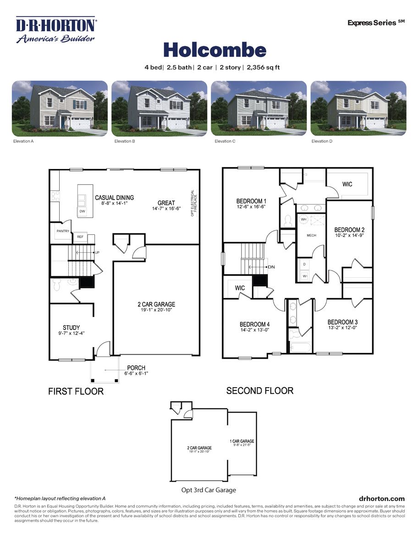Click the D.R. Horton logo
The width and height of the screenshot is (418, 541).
click(x=56, y=30)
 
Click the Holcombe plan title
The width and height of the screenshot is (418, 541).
click(x=214, y=50)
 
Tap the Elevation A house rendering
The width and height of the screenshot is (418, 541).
click(x=60, y=108)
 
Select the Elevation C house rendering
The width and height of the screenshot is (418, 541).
click(x=258, y=108)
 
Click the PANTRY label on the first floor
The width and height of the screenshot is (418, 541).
click(x=63, y=231)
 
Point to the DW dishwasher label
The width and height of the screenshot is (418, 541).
click(x=82, y=211)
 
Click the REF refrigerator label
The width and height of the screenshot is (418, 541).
click(x=80, y=237)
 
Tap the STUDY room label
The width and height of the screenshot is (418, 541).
click(x=71, y=327)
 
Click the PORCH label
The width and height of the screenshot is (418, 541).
click(x=136, y=368)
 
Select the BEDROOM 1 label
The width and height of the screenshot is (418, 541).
click(x=251, y=201)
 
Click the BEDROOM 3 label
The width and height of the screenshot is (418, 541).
click(x=342, y=322)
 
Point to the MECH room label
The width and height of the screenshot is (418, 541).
click(x=312, y=235)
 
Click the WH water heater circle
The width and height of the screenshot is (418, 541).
click(x=303, y=220)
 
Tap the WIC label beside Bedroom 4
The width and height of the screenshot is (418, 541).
click(x=240, y=288)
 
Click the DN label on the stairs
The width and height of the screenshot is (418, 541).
click(x=271, y=267)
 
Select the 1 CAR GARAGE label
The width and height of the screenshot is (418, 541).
click(x=242, y=441)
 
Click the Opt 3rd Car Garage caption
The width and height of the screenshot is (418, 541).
click(x=209, y=490)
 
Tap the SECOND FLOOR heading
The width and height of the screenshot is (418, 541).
click(x=259, y=390)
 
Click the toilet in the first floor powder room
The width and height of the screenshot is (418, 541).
click(x=57, y=285)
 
